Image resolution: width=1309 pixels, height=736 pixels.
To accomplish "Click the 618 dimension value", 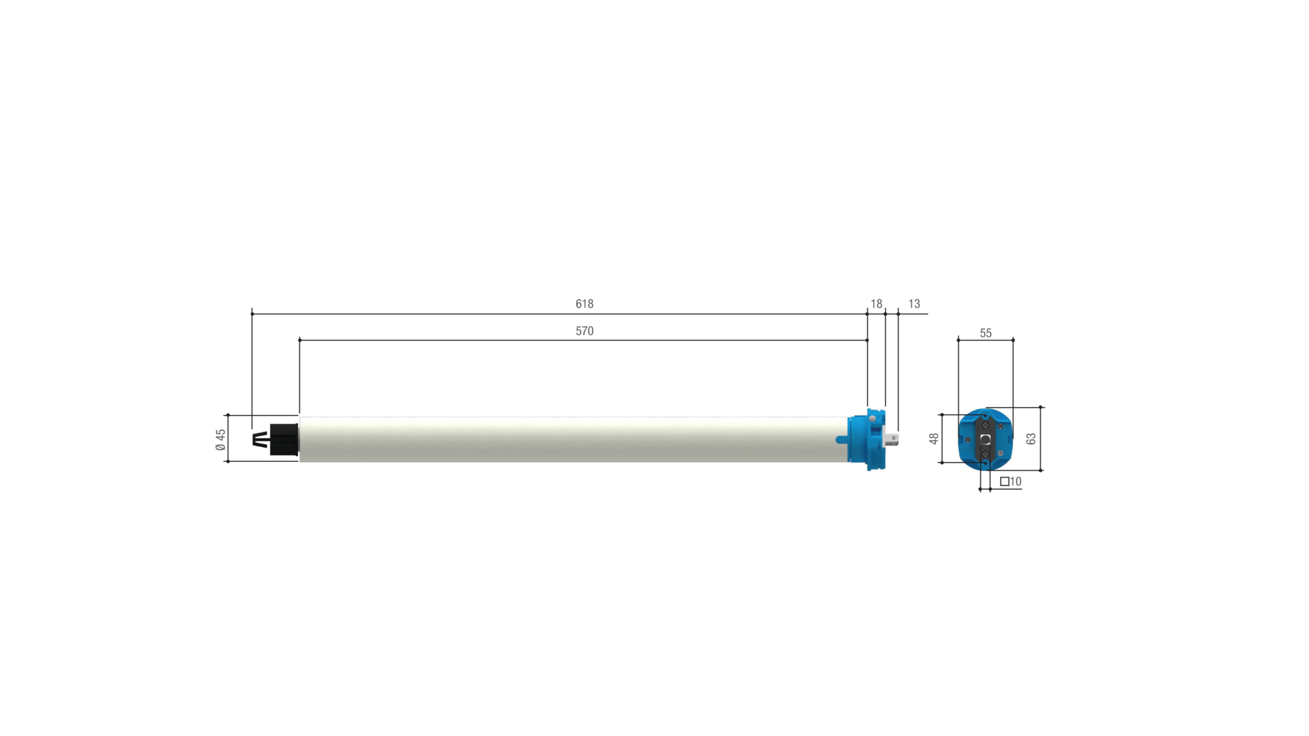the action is (x=584, y=304).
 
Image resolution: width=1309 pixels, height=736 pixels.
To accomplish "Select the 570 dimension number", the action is (x=584, y=331).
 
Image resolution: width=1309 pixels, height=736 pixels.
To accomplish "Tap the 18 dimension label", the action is (x=876, y=304).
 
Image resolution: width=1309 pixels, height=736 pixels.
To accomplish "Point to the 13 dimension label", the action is (x=914, y=304).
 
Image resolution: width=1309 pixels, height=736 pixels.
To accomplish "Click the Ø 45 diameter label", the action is (x=221, y=440).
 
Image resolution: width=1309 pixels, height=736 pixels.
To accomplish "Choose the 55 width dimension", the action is (x=986, y=334).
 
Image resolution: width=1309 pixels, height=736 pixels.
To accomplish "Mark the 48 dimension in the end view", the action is (x=934, y=439).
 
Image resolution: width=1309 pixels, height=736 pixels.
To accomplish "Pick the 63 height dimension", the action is (x=1031, y=439).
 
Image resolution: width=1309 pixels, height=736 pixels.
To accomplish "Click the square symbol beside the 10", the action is (x=1005, y=482).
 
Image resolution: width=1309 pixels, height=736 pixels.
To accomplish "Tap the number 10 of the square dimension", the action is (x=1016, y=482).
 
